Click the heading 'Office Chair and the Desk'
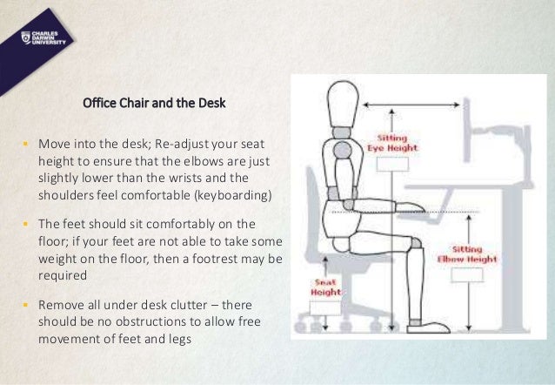[154, 104]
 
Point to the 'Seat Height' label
[325, 287]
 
